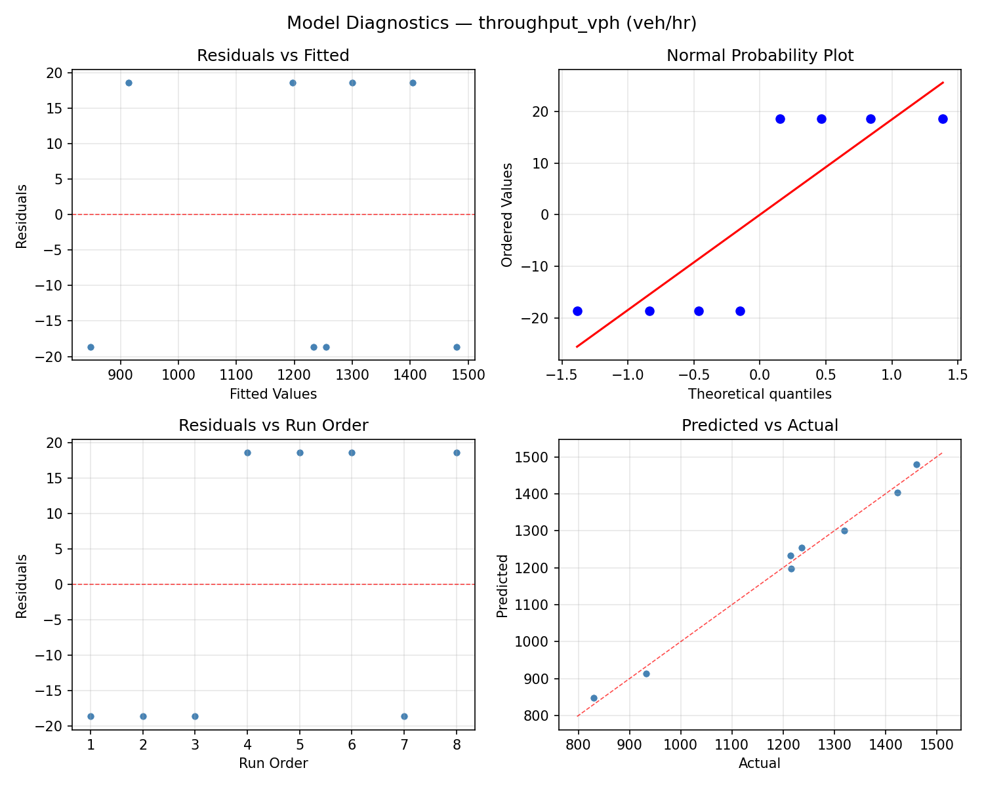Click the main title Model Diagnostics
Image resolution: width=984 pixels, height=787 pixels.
click(x=491, y=23)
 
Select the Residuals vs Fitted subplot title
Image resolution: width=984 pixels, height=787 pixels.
click(x=273, y=56)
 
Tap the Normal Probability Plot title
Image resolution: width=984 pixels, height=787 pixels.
click(x=760, y=56)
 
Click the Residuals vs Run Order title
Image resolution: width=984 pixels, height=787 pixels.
click(x=273, y=426)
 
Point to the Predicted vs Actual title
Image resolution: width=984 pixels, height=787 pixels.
click(x=760, y=426)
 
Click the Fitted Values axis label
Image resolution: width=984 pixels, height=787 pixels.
click(x=273, y=394)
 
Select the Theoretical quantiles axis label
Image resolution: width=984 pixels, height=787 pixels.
click(x=760, y=394)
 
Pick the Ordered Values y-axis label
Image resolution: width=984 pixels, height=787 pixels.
click(x=506, y=214)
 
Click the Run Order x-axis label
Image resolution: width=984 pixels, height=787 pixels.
click(x=273, y=763)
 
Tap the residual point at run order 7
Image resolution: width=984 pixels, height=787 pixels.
click(x=404, y=716)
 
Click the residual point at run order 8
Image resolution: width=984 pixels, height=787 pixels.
click(x=457, y=453)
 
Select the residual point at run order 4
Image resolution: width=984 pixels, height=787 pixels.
click(x=247, y=453)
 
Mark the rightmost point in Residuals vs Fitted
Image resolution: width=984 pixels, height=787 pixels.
click(x=457, y=347)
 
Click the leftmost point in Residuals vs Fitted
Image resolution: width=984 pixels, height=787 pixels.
click(x=91, y=347)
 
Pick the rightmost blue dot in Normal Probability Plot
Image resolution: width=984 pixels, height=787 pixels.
click(x=943, y=119)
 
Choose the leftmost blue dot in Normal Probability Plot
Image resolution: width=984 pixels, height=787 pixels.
click(x=577, y=311)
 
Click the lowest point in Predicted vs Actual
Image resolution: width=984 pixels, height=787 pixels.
click(x=594, y=698)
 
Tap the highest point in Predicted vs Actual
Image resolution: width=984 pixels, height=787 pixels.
click(x=916, y=464)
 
